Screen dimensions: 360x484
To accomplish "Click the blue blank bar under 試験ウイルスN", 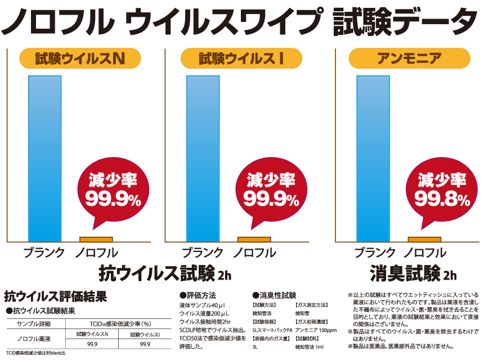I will tap(44, 157).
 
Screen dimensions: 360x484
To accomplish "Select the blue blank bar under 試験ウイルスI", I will tap(203, 157).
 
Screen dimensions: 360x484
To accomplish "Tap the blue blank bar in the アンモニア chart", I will tap(373, 157).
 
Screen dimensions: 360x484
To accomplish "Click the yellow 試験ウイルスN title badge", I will tap(79, 58).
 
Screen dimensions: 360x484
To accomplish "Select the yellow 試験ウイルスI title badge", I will tap(241, 58).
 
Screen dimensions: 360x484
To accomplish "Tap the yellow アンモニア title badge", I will tap(401, 58).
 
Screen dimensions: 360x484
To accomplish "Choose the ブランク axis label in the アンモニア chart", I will tap(375, 253).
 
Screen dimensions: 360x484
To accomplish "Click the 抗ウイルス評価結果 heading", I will tap(55, 296).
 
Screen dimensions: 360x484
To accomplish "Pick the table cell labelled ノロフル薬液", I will tap(35, 339).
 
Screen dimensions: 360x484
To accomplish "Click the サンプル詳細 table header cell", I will tap(34, 323).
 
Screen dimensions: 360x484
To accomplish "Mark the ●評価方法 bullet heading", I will tap(198, 295).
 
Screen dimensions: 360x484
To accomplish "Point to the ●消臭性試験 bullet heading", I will tap(274, 295).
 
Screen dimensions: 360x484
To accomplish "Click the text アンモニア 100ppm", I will tap(315, 330).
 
